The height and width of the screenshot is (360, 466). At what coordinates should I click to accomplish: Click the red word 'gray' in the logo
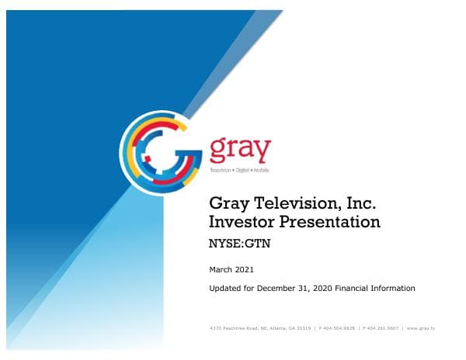[x=241, y=149]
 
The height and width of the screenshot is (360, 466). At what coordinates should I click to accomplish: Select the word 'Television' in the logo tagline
[x=223, y=169]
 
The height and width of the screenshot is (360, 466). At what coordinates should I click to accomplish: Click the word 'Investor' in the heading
[x=242, y=223]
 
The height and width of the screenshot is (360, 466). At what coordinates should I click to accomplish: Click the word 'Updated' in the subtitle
[x=225, y=289]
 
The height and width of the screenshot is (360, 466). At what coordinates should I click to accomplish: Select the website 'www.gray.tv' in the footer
[x=420, y=329]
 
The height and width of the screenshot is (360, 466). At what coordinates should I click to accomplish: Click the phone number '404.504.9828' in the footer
[x=337, y=329]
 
